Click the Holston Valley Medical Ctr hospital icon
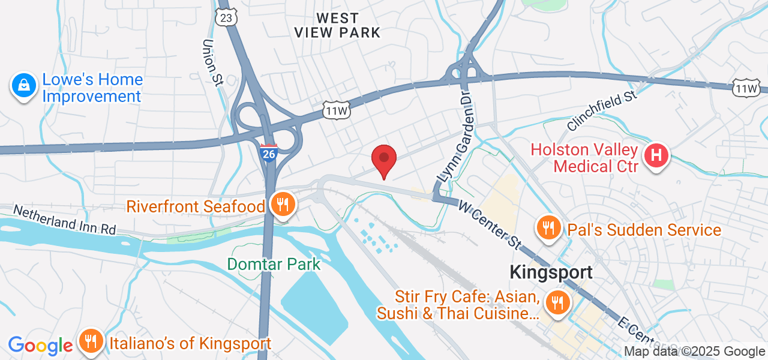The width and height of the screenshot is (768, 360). click(x=656, y=156)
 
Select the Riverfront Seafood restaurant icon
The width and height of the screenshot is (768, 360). click(x=280, y=205)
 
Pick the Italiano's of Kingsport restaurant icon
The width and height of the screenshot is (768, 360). click(x=91, y=342)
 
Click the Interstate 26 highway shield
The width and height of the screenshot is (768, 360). click(x=268, y=153)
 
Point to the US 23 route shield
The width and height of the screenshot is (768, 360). click(x=226, y=18)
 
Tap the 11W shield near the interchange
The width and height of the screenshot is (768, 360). click(x=336, y=110)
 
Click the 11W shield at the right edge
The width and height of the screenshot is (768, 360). click(x=746, y=89)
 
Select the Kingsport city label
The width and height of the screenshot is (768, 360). click(x=551, y=272)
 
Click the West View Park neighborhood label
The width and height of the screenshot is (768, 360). click(x=338, y=25)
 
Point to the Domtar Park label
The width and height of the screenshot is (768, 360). click(x=274, y=263)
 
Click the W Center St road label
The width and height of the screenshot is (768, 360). click(x=490, y=224)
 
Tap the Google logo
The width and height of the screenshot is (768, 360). click(x=40, y=345)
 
